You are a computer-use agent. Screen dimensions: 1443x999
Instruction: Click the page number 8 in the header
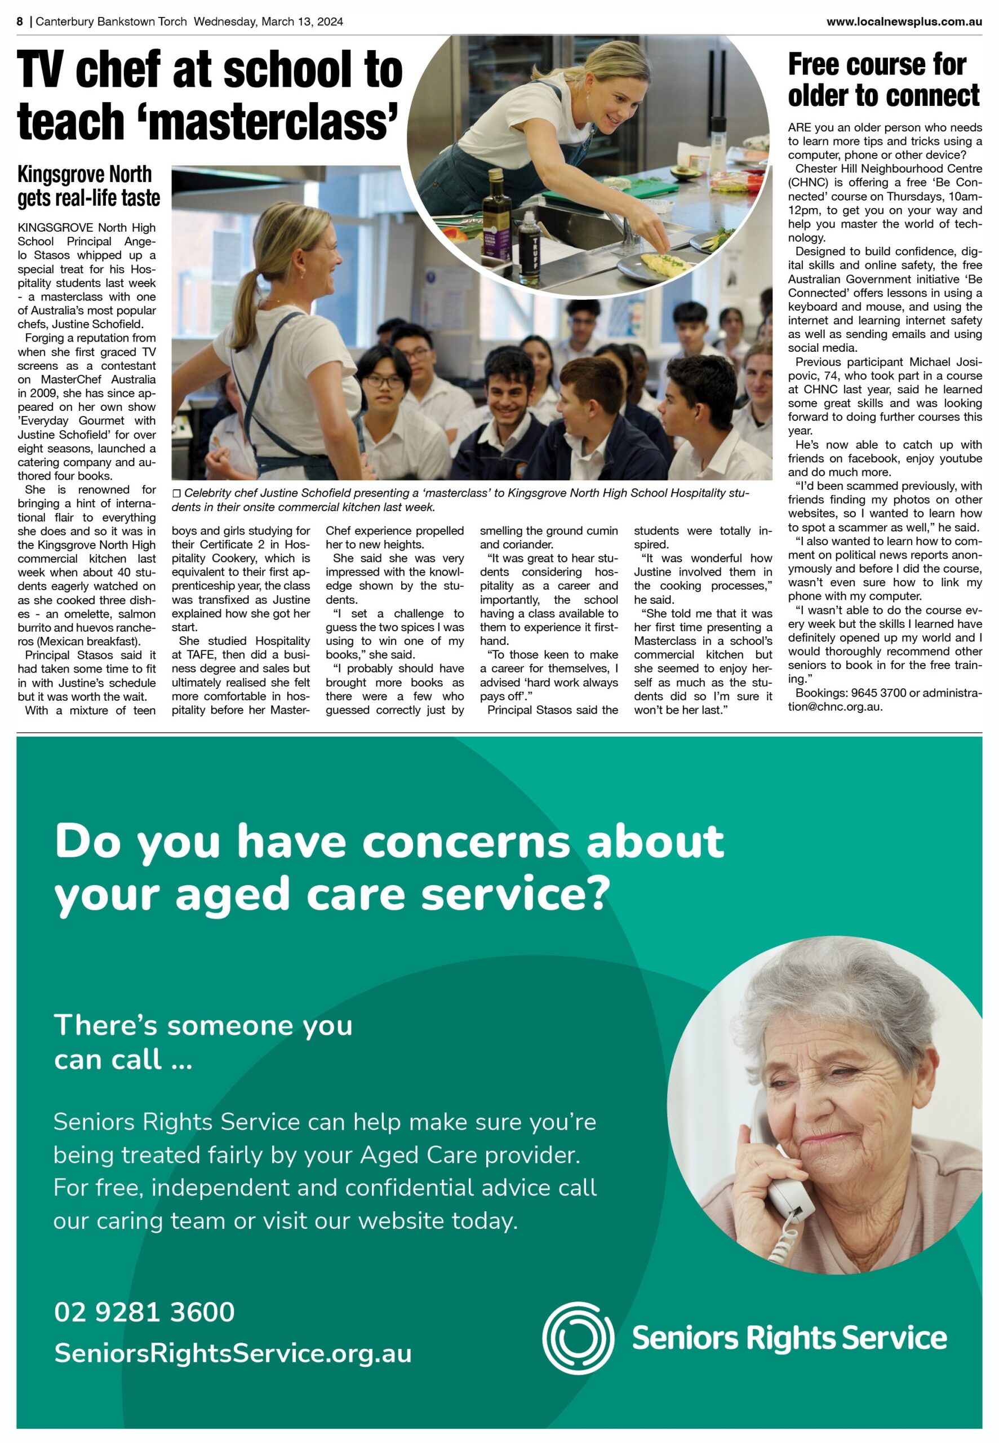pos(20,22)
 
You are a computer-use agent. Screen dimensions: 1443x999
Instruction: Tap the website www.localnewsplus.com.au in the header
pos(903,22)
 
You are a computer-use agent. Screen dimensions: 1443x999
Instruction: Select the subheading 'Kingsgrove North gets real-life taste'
pos(88,186)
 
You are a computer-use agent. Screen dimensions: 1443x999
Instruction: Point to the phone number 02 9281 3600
pos(145,1312)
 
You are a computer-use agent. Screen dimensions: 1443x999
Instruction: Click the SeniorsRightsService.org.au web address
pos(233,1352)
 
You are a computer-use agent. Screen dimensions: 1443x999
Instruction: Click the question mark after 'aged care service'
pos(598,893)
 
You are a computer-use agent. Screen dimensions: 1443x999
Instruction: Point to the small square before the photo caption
pos(176,494)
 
